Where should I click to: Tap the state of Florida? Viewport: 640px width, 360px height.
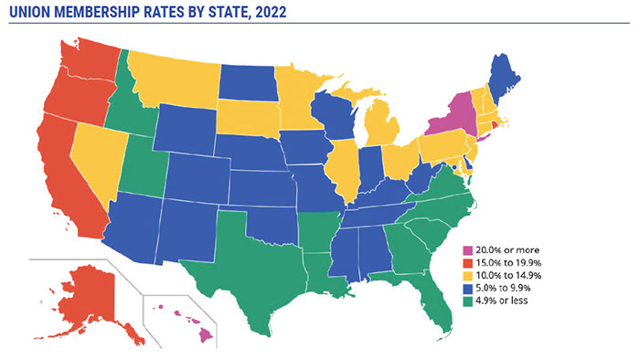click(x=437, y=302)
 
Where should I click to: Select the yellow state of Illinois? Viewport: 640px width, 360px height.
click(x=346, y=168)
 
